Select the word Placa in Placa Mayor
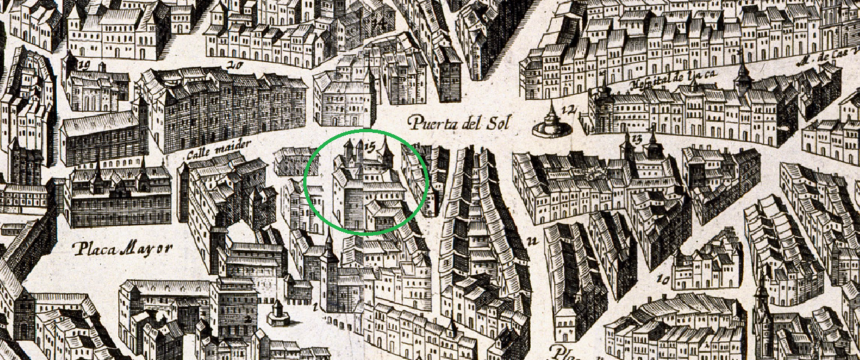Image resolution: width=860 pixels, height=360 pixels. click(x=91, y=250)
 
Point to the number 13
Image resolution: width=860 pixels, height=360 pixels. click(x=636, y=138)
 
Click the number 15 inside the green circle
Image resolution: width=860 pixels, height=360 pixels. click(x=371, y=142)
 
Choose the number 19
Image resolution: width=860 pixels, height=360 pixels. click(x=84, y=65)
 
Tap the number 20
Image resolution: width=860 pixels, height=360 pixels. click(x=234, y=65)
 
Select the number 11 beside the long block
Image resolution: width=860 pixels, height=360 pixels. click(x=532, y=241)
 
